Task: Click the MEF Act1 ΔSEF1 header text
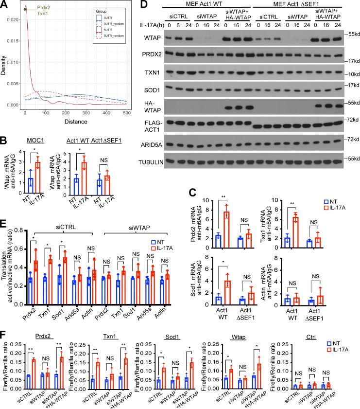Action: coord(292,5)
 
